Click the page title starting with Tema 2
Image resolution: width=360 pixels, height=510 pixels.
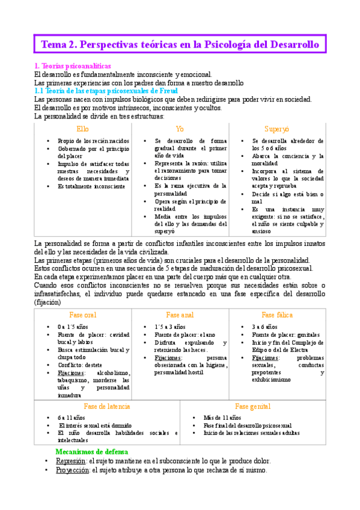click(180, 45)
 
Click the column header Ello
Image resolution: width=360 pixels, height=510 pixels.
click(82, 129)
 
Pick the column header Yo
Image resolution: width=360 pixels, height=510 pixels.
click(180, 129)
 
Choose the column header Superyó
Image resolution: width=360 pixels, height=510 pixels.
click(276, 129)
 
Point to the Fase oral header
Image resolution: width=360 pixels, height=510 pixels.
click(82, 315)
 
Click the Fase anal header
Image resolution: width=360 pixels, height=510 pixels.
click(180, 315)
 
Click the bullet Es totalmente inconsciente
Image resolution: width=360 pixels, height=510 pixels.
click(91, 186)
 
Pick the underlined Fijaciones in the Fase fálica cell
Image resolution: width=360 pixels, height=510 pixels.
click(267, 357)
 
